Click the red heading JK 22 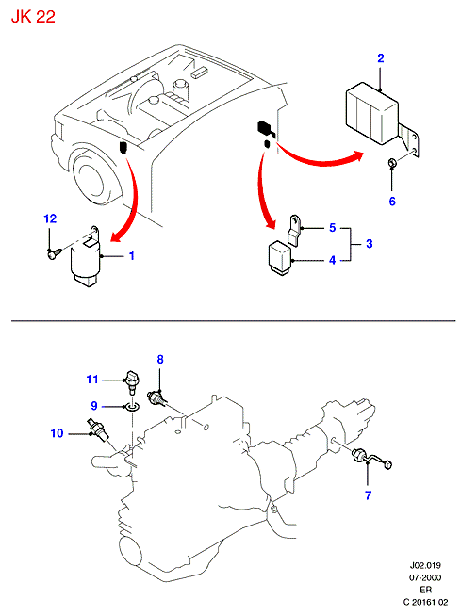coord(33,17)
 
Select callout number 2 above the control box coord(381,58)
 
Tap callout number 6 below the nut coord(392,202)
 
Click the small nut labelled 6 coord(392,162)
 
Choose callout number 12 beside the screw coord(50,218)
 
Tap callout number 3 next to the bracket coord(370,244)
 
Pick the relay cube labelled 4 coord(280,257)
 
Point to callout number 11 coord(91,380)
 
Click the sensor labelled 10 coord(98,430)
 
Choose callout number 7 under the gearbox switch coord(368,495)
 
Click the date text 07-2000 coord(425,577)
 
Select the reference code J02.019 coord(425,566)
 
